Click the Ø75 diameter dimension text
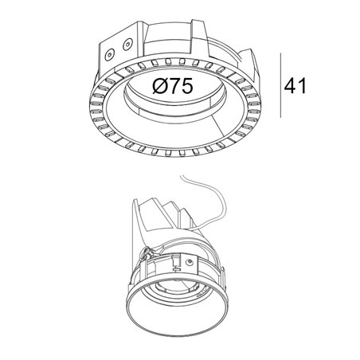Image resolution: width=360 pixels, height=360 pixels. click(173, 86)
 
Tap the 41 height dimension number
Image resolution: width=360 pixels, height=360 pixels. click(295, 86)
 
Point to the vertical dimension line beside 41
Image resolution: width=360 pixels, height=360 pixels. click(280, 85)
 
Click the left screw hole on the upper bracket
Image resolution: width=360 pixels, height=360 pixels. click(110, 55)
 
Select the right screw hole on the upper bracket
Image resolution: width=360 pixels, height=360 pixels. click(127, 45)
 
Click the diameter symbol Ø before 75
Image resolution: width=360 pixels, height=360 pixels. click(160, 86)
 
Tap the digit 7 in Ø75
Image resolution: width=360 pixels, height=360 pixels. click(174, 86)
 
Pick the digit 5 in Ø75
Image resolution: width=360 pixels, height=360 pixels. click(187, 87)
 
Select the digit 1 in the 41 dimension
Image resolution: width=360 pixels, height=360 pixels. click(303, 86)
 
